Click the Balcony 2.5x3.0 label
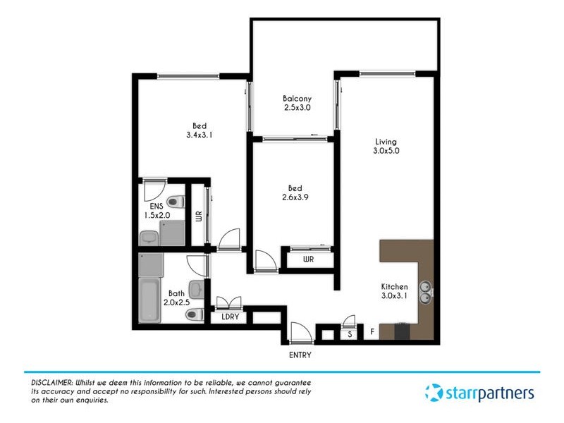297,103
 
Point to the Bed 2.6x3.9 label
295,192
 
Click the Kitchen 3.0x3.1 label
394,292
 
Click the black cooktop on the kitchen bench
401,331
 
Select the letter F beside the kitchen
372,331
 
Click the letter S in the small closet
350,334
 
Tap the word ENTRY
300,355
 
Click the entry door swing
299,330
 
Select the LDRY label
230,317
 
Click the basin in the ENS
149,238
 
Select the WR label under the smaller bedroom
308,259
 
